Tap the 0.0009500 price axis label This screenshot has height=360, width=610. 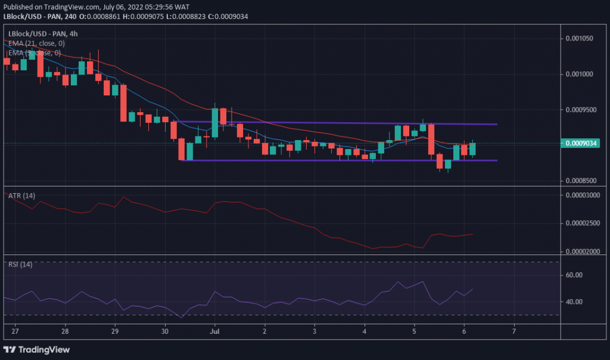580,110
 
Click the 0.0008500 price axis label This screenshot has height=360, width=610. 580,181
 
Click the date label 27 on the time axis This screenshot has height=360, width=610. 15,331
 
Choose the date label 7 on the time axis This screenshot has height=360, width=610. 513,331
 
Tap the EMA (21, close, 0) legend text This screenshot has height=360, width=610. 33,44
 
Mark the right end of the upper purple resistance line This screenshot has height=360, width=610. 497,125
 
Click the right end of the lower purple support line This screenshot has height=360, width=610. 497,160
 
